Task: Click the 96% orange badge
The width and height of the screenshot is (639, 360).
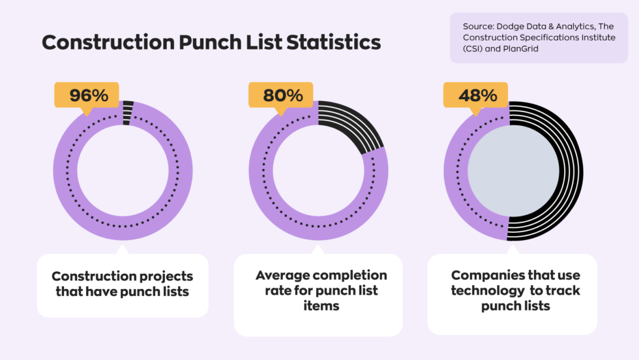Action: click(x=87, y=95)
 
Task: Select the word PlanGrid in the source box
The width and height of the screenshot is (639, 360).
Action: click(x=520, y=48)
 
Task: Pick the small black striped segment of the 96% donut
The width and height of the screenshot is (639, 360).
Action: click(x=128, y=112)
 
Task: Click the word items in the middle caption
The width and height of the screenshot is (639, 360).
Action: click(x=321, y=305)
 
